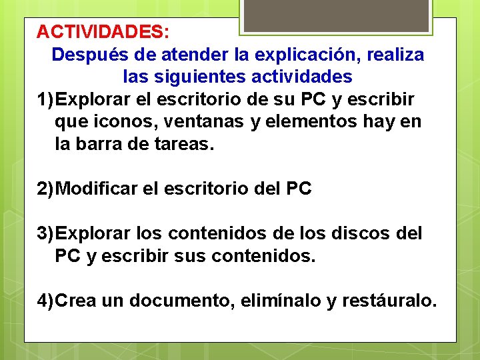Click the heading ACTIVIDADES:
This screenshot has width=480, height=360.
click(103, 31)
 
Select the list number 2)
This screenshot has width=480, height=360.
click(46, 189)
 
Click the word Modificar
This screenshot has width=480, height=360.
click(98, 189)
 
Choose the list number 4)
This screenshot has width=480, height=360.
click(46, 301)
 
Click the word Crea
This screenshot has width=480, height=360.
click(77, 301)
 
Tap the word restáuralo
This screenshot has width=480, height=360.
click(389, 301)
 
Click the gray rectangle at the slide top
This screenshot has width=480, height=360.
click(335, 15)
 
